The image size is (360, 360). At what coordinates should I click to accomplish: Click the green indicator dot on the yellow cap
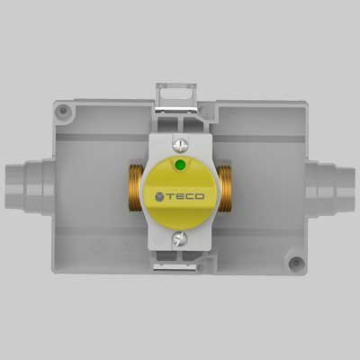pyautogui.click(x=179, y=166)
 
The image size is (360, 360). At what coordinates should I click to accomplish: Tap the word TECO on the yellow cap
pyautogui.click(x=185, y=195)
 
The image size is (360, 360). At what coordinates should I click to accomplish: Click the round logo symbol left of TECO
pyautogui.click(x=159, y=195)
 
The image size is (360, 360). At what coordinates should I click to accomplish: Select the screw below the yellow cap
pyautogui.click(x=180, y=238)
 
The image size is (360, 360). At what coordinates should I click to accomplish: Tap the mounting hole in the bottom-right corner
pyautogui.click(x=294, y=264)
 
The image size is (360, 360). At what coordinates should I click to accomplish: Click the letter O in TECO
pyautogui.click(x=200, y=195)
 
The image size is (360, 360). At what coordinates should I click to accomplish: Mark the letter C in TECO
pyautogui.click(x=190, y=195)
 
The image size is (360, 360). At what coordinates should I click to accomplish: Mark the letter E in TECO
pyautogui.click(x=180, y=195)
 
